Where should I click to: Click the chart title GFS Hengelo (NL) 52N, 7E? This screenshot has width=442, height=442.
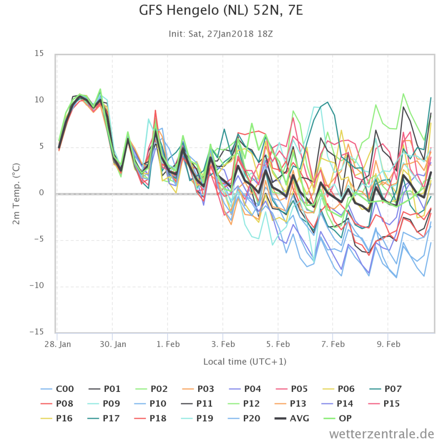[221, 10]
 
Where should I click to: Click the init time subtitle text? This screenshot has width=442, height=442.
[221, 34]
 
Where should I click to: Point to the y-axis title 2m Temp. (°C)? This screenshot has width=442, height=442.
[16, 194]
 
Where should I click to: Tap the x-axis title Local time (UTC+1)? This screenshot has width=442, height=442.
[245, 361]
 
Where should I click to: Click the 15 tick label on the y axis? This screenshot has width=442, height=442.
[39, 53]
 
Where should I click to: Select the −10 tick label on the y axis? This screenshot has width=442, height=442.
[37, 285]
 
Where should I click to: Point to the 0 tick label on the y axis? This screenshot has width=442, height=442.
[41, 193]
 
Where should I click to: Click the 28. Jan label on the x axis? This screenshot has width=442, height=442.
[58, 344]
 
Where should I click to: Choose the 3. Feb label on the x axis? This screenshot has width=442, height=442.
[223, 344]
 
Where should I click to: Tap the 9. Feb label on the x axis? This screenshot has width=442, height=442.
[388, 344]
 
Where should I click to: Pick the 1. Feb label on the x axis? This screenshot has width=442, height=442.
[168, 344]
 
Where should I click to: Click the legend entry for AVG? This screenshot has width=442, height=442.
[292, 418]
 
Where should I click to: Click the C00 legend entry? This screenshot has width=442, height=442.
[57, 389]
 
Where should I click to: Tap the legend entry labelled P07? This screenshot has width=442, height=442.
[385, 389]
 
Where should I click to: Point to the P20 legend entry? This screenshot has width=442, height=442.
[244, 418]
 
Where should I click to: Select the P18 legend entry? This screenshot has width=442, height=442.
[150, 418]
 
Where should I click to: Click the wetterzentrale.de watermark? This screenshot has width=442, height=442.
[382, 433]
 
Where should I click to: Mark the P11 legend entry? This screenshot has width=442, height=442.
[197, 404]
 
